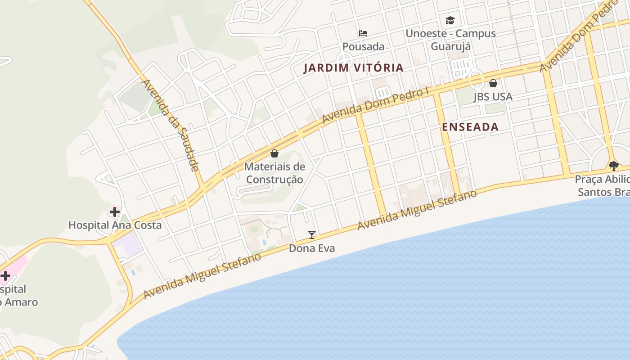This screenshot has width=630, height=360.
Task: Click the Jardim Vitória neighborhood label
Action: [353, 68]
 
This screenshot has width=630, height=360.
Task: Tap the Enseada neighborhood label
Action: [470, 127]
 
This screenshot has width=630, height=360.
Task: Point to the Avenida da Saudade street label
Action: [171, 126]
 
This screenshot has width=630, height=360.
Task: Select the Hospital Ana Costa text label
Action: [115, 225]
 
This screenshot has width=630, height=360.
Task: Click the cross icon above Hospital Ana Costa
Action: [115, 211]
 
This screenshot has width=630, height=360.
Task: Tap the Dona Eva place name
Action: [312, 248]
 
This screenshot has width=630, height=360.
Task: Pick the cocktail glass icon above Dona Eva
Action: [312, 234]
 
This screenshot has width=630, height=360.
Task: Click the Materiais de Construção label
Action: [274, 173]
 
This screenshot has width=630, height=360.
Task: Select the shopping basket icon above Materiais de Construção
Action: [274, 153]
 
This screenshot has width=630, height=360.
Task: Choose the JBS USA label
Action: [493, 97]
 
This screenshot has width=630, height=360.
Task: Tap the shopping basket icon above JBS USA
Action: [493, 83]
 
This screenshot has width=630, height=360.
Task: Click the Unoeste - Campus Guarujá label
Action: [450, 40]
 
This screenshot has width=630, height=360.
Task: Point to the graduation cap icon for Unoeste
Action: [450, 20]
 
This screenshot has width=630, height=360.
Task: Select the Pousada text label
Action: [363, 47]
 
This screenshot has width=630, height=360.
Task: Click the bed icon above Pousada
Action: [363, 33]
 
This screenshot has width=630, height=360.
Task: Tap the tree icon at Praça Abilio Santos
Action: [613, 166]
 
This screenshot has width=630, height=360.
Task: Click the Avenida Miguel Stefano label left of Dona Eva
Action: [202, 276]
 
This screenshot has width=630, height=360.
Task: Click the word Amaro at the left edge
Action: [20, 302]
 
